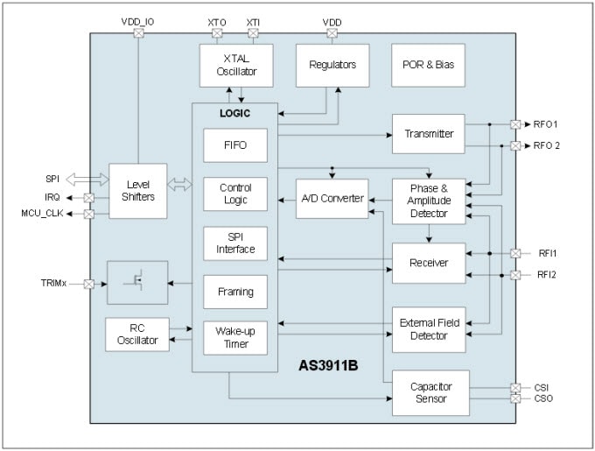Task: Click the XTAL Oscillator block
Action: pyautogui.click(x=234, y=65)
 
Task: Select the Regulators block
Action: pyautogui.click(x=332, y=65)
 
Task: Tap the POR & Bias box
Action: pyautogui.click(x=428, y=65)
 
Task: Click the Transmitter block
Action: pyautogui.click(x=429, y=134)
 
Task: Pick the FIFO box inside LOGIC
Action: pyautogui.click(x=234, y=144)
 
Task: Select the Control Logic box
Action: pyautogui.click(x=234, y=194)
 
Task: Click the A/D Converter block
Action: pyautogui.click(x=332, y=198)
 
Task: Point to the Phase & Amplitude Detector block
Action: pyautogui.click(x=429, y=200)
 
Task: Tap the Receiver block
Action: pyautogui.click(x=429, y=262)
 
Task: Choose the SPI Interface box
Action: pyautogui.click(x=234, y=243)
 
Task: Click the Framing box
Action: pyautogui.click(x=234, y=292)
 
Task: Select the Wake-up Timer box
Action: pyautogui.click(x=234, y=338)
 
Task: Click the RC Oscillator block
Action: pyautogui.click(x=136, y=334)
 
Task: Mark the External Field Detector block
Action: pyautogui.click(x=429, y=329)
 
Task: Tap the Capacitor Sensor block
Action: pyautogui.click(x=429, y=392)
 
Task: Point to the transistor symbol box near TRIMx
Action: pyautogui.click(x=137, y=282)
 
